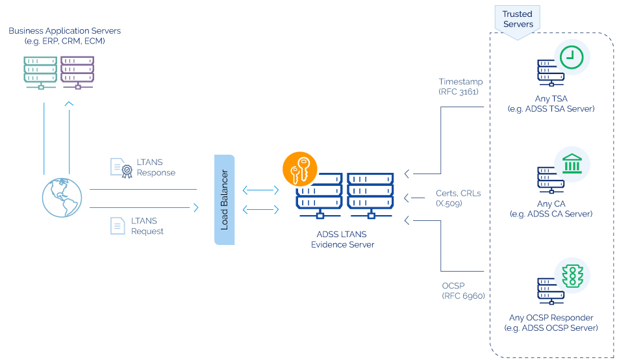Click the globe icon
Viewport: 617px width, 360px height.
[62, 197]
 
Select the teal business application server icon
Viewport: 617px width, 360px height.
[40, 70]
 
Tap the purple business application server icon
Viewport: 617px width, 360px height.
[77, 70]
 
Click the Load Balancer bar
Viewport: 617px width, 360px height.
[224, 199]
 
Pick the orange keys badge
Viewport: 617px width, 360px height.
[299, 170]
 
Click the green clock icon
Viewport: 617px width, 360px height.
[571, 57]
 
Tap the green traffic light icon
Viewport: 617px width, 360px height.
[572, 276]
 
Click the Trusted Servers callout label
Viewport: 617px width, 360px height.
[518, 19]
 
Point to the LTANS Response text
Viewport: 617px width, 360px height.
[156, 168]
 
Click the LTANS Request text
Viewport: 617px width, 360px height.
[147, 226]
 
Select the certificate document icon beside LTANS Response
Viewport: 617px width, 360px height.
[121, 168]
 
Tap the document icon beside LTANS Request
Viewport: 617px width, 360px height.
[118, 225]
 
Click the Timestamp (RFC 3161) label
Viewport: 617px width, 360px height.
[459, 86]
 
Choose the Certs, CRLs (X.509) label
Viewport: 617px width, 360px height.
[458, 198]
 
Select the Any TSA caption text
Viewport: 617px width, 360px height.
[551, 104]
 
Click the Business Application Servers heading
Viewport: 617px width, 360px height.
[64, 36]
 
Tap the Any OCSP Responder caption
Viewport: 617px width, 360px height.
[551, 323]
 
